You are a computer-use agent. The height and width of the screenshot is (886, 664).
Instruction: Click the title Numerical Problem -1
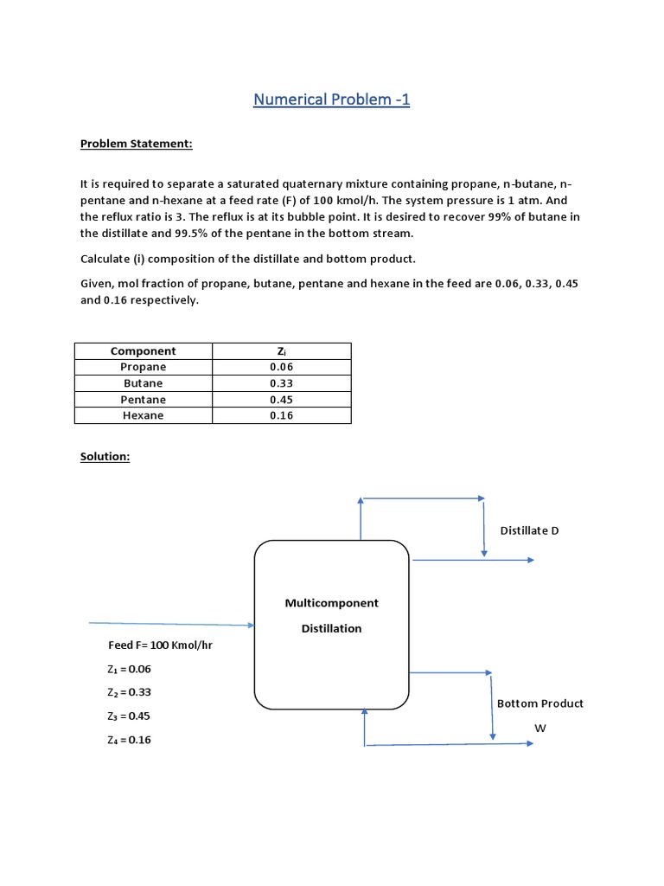pyautogui.click(x=331, y=100)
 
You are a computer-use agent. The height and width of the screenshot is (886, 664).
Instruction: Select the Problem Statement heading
pyautogui.click(x=136, y=144)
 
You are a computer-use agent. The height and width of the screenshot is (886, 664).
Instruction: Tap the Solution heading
pyautogui.click(x=105, y=456)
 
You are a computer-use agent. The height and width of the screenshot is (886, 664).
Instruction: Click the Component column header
pyautogui.click(x=143, y=351)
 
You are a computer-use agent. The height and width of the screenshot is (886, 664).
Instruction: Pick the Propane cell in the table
pyautogui.click(x=143, y=367)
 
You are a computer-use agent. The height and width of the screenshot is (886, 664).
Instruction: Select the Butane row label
pyautogui.click(x=143, y=383)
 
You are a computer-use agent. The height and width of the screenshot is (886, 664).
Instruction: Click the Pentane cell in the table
pyautogui.click(x=143, y=400)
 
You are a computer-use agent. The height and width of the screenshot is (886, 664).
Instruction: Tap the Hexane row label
pyautogui.click(x=143, y=415)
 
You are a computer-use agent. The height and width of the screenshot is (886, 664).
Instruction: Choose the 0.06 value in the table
pyautogui.click(x=281, y=367)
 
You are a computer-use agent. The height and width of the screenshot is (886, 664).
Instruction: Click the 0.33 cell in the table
pyautogui.click(x=281, y=383)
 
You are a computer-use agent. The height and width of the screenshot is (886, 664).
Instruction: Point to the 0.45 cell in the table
pyautogui.click(x=281, y=400)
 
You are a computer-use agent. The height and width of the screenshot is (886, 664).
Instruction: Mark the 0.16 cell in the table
pyautogui.click(x=281, y=415)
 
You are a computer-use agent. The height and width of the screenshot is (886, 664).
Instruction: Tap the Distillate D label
pyautogui.click(x=529, y=530)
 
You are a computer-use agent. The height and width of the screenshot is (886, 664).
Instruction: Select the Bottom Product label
pyautogui.click(x=539, y=703)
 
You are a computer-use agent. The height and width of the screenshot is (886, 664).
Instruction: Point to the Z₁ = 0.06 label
pyautogui.click(x=129, y=669)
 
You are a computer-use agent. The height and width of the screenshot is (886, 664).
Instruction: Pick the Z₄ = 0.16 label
pyautogui.click(x=129, y=740)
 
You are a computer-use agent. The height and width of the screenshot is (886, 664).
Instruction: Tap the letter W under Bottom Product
pyautogui.click(x=540, y=729)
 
